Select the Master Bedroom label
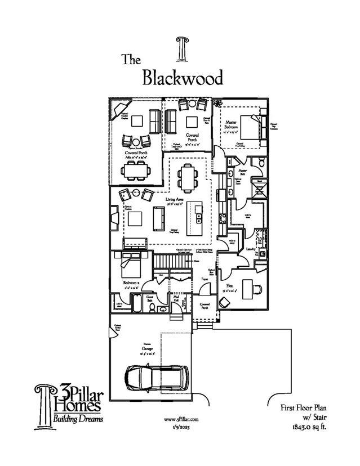coord(231,124)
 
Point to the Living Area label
coord(175,200)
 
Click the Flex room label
coord(230,286)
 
